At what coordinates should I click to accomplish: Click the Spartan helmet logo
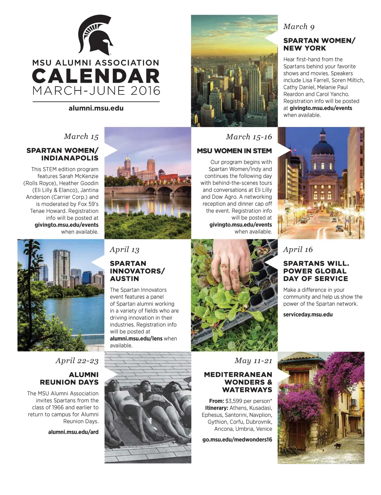[x=96, y=35]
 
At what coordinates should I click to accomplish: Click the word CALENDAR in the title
[x=96, y=76]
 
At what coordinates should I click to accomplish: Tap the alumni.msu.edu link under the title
[x=96, y=108]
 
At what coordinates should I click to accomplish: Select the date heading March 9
[x=299, y=26]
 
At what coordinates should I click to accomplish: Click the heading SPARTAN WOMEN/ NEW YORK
[x=319, y=44]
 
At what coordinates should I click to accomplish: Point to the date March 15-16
[x=249, y=137]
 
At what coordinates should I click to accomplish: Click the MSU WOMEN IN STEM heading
[x=234, y=151]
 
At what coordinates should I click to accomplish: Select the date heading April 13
[x=124, y=249]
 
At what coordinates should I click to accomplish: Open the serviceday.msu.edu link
[x=308, y=314]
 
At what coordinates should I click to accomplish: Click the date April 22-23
[x=77, y=360]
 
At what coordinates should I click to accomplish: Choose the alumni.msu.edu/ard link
[x=73, y=432]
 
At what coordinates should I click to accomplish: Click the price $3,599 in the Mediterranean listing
[x=234, y=401]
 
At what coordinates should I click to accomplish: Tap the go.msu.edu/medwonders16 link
[x=237, y=440]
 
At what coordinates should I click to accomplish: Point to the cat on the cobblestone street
[x=337, y=445]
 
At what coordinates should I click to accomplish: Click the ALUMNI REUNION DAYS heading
[x=69, y=378]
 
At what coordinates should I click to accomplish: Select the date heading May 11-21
[x=253, y=360]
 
